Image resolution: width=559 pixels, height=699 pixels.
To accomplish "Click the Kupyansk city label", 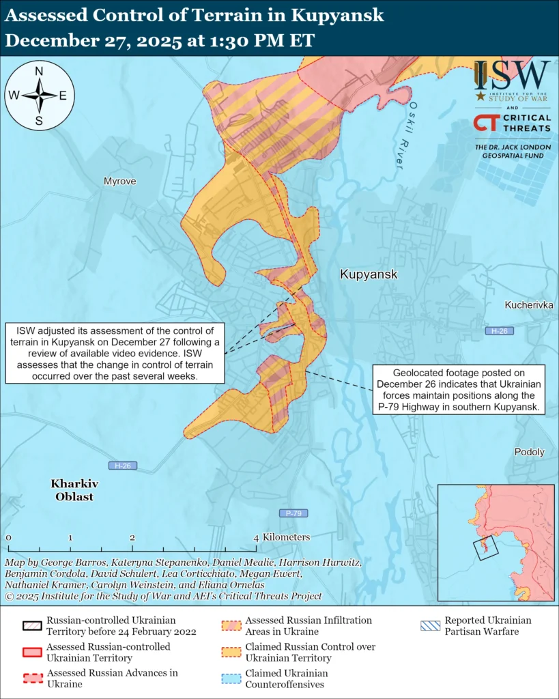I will tap(368, 274).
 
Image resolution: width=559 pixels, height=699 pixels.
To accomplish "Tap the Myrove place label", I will tap(119, 181).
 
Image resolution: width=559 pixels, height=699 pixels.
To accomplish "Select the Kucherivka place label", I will tap(529, 304).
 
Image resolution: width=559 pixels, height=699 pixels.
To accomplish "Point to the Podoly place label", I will tap(529, 452).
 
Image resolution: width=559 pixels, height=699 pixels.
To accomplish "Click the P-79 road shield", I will tap(293, 513).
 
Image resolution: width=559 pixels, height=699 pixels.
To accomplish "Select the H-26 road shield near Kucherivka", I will tap(499, 331).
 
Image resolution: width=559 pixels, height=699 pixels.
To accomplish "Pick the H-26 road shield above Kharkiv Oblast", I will tap(123, 466).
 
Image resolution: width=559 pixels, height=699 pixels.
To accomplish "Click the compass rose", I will tap(40, 96).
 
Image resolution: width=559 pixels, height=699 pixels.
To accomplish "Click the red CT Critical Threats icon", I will tap(485, 123).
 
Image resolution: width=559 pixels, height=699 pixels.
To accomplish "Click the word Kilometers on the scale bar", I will tap(286, 537).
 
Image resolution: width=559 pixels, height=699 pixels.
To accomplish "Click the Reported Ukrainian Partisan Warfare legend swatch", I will tap(429, 625).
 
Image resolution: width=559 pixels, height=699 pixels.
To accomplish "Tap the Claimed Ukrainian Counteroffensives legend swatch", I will tap(231, 678).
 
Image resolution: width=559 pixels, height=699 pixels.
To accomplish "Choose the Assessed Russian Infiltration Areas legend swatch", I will tap(231, 625).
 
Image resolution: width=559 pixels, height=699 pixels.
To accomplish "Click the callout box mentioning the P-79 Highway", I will tap(458, 390).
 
